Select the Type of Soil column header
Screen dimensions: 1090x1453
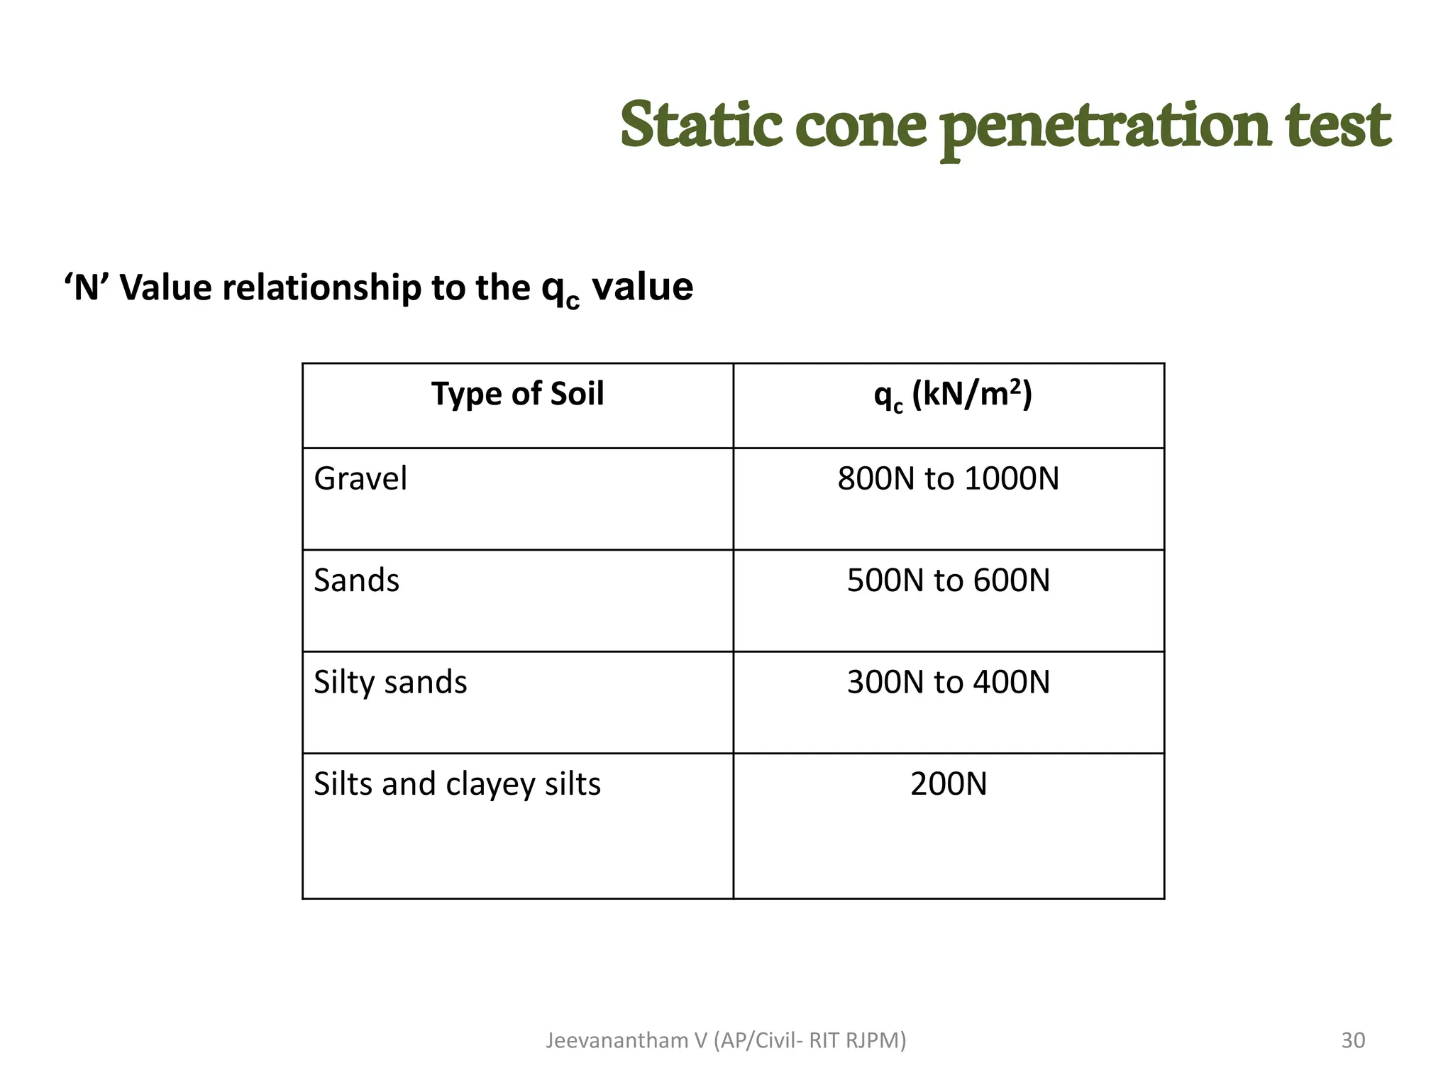[517, 394]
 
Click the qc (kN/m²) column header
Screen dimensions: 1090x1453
[952, 395]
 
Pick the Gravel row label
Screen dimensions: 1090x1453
[360, 478]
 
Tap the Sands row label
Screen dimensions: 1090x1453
[356, 580]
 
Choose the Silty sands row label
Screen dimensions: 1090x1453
[390, 683]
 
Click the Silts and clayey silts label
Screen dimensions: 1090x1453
[457, 785]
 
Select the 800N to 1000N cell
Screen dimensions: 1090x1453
[948, 479]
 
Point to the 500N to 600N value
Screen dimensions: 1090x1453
[948, 580]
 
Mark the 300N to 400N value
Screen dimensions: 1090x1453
[948, 683]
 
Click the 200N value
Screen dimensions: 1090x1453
[948, 785]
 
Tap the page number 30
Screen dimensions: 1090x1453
[1353, 1040]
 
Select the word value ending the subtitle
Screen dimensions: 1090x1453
[642, 288]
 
